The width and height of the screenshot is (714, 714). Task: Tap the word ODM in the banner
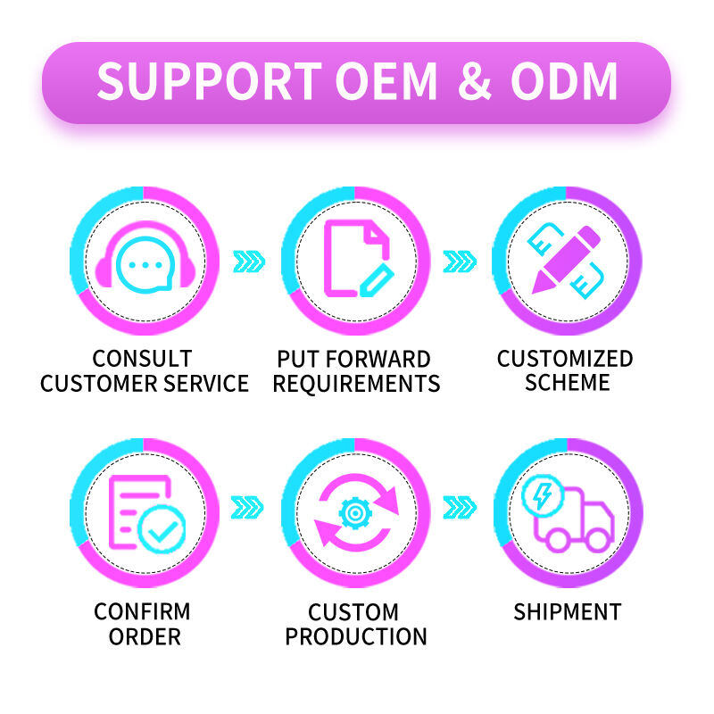coord(564,82)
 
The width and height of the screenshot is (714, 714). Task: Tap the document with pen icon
coord(355,260)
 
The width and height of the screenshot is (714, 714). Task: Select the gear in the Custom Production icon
coord(355,514)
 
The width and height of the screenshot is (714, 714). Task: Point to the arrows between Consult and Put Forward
coord(249,262)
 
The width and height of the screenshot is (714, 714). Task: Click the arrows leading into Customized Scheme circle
coord(461,262)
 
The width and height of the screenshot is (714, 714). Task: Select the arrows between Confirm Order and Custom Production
coord(249,508)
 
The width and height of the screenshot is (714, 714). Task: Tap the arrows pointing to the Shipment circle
coord(461,508)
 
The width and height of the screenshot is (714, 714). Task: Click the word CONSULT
coord(144,360)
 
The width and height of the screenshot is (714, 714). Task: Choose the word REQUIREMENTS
coord(356,385)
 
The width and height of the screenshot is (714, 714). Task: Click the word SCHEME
coord(567,383)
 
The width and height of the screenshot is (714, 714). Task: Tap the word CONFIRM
coord(143,612)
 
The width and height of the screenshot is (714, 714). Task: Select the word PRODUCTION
coord(355,637)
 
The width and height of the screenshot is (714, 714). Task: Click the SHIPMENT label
coord(567,612)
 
